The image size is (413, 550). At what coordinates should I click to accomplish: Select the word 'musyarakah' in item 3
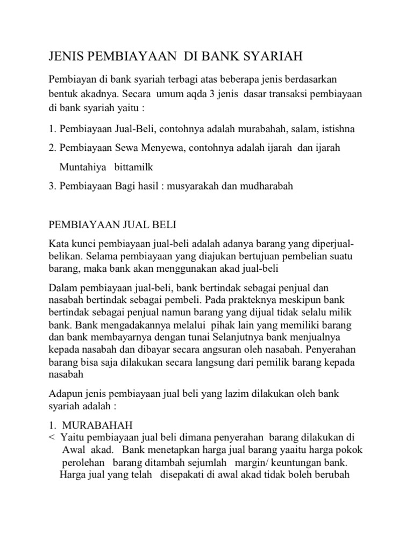[x=203, y=186]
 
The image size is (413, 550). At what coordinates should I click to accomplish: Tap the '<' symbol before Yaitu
[x=52, y=437]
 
